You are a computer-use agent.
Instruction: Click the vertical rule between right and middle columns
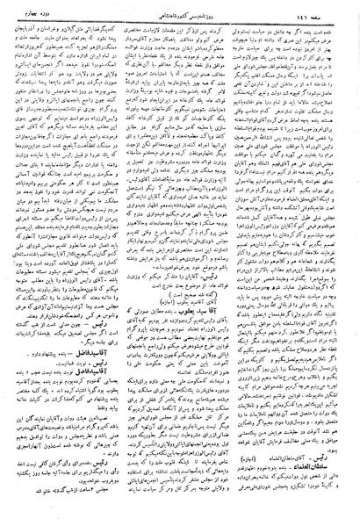pos(236,263)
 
